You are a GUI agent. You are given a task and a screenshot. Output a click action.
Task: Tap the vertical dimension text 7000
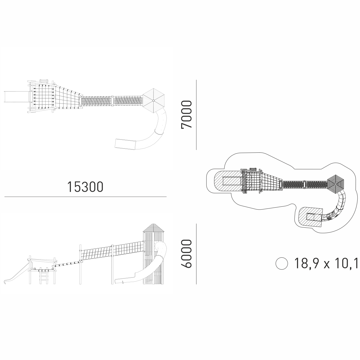pyautogui.click(x=186, y=115)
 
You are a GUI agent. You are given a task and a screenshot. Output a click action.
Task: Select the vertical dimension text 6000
pyautogui.click(x=186, y=253)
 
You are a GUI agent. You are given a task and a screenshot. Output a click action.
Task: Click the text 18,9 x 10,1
pyautogui.click(x=326, y=263)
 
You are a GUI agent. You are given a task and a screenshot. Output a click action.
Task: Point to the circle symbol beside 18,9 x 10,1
pyautogui.click(x=282, y=263)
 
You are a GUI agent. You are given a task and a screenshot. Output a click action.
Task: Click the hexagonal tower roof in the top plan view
pyautogui.click(x=154, y=100)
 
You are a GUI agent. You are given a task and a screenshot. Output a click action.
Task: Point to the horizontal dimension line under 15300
pyautogui.click(x=85, y=197)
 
